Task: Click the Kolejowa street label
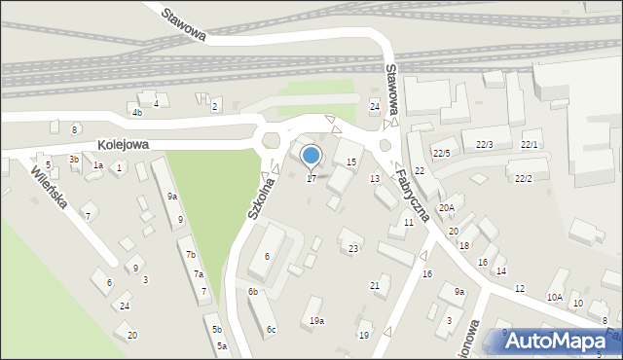tap(123, 144)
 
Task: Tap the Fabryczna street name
tap(411, 190)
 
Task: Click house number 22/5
tap(442, 154)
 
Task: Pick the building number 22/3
tap(484, 145)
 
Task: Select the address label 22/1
tap(530, 145)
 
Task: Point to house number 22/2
tap(523, 178)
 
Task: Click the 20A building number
tap(447, 207)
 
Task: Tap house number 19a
tap(316, 321)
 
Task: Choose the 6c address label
tap(272, 330)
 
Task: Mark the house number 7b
tap(191, 255)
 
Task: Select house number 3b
tap(73, 159)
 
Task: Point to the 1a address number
tap(97, 165)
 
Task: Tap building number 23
tap(353, 249)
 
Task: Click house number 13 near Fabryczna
tap(375, 179)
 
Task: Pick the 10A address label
tap(554, 298)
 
